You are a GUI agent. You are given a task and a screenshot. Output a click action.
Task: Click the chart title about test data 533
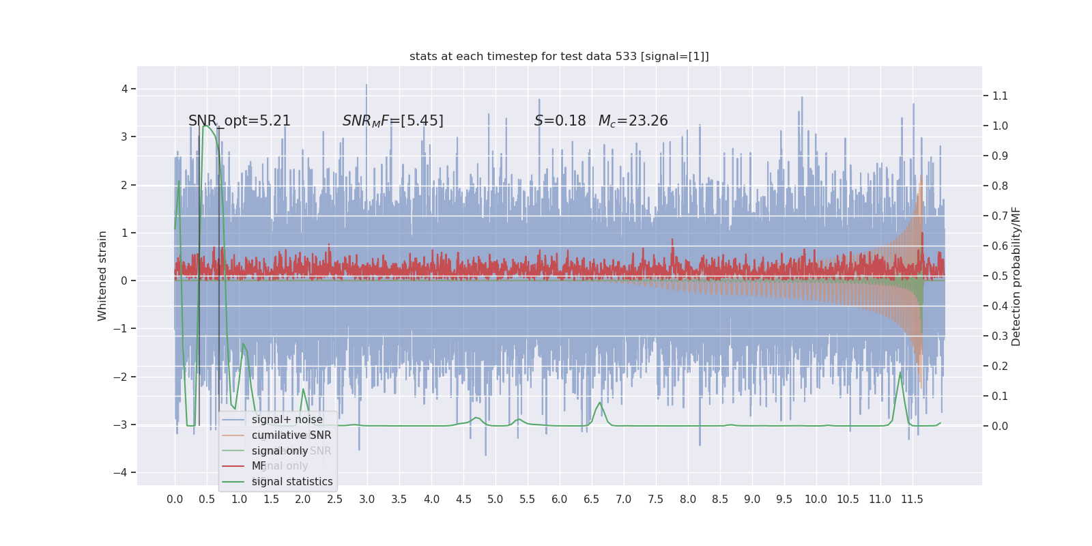559,57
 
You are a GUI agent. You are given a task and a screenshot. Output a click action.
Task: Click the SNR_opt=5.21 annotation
240,121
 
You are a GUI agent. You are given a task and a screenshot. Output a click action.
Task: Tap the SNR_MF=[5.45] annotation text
393,121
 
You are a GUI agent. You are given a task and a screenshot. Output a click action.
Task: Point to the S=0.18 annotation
560,121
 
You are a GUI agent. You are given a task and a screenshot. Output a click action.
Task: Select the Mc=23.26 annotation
633,121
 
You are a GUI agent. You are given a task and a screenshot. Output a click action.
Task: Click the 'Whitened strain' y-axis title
102,276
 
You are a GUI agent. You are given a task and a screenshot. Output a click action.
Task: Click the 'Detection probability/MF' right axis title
1016,276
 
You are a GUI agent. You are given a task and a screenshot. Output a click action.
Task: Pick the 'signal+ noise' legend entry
287,420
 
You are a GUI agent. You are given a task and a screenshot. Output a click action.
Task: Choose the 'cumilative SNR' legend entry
291,435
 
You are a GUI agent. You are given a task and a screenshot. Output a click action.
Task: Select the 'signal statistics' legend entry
292,482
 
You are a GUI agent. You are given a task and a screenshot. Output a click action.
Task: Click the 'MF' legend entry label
259,466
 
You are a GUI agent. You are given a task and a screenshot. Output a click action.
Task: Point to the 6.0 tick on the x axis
560,500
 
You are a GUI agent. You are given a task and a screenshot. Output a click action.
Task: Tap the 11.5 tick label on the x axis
912,500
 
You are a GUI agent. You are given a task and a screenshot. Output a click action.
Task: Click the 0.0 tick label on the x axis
175,500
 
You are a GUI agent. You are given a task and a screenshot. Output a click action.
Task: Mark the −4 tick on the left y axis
124,472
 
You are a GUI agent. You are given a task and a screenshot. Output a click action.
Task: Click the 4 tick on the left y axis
125,89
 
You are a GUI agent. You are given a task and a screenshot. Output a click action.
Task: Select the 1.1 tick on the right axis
1000,96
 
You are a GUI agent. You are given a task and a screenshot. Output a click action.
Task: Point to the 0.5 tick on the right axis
1000,276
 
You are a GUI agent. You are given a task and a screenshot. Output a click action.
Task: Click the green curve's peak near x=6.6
600,403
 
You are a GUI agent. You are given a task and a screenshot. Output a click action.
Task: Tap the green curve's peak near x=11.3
900,373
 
